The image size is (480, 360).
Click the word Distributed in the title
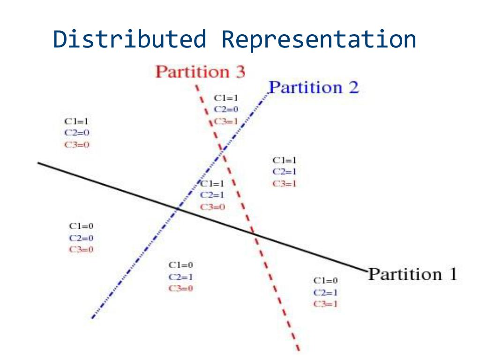click(129, 39)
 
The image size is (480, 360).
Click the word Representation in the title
click(319, 39)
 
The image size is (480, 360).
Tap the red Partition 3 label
click(200, 72)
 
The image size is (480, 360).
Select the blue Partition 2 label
click(313, 88)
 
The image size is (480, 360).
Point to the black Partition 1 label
click(412, 274)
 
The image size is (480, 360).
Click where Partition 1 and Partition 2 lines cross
click(177, 208)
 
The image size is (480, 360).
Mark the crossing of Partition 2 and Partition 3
click(221, 151)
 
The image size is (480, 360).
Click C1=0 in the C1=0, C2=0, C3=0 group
click(81, 226)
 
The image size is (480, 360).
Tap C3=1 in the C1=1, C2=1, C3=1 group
click(284, 183)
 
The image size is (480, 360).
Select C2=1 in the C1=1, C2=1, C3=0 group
click(212, 195)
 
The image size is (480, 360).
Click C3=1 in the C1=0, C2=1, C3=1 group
click(326, 304)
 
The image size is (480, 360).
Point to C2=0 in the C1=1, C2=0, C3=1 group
click(226, 110)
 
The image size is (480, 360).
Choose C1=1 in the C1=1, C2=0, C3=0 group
click(76, 121)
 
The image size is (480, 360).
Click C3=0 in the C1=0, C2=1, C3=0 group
click(180, 288)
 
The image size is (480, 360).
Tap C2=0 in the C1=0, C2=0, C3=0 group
click(81, 238)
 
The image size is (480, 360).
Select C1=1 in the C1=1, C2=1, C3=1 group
click(284, 160)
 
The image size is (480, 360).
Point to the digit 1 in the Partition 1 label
click(452, 274)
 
